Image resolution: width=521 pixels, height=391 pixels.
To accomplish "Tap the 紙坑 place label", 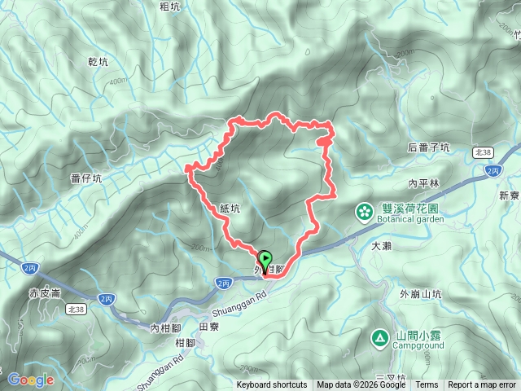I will (x=230, y=209).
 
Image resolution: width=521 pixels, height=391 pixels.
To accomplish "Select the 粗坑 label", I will (x=170, y=7).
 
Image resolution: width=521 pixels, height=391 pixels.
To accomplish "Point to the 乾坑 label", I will (x=96, y=62).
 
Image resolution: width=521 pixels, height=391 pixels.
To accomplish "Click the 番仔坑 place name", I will (x=86, y=178).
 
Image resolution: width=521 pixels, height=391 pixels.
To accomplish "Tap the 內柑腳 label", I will (x=165, y=327).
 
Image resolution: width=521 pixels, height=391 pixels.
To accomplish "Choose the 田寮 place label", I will (x=209, y=325).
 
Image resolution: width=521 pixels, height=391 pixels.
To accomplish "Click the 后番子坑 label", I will (x=427, y=147).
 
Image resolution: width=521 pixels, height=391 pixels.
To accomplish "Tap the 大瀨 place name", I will (x=381, y=244).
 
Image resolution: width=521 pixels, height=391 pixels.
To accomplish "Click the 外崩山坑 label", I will (x=420, y=294).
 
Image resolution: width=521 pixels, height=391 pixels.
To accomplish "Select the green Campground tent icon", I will (x=379, y=337).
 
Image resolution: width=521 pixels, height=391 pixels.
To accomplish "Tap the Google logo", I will (x=30, y=380).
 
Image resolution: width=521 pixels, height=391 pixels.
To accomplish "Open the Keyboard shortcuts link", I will (x=272, y=384).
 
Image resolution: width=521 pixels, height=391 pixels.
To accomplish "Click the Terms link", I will (x=427, y=384).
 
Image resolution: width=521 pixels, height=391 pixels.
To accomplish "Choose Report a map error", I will (x=482, y=384).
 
